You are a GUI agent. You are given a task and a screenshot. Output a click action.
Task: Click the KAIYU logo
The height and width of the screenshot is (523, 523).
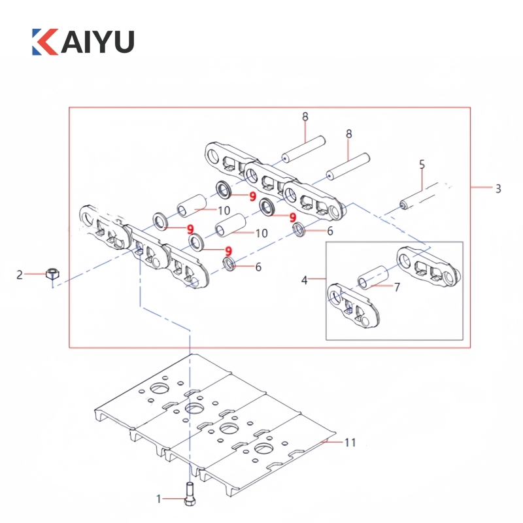pos(82,41)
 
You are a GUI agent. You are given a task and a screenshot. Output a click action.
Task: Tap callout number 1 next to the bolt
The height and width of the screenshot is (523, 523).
pos(158,499)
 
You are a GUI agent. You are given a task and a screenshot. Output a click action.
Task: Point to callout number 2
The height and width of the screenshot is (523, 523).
pos(20,275)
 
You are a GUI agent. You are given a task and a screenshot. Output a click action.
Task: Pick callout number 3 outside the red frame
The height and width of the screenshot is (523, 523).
pos(498,189)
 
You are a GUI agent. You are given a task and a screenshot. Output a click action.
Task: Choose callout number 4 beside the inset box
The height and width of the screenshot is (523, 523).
pos(304,280)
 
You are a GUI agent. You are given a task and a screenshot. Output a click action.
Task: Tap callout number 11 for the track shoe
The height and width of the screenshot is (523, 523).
pos(350,443)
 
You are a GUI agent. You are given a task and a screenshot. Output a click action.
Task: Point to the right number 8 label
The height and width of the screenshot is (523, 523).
pos(349,133)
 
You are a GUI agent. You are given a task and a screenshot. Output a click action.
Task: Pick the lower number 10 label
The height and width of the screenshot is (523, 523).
pos(261,233)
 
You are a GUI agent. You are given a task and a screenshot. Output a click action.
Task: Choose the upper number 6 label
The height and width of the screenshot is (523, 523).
pos(330,231)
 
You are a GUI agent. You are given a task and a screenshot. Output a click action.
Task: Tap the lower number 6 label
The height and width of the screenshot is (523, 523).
pos(258,266)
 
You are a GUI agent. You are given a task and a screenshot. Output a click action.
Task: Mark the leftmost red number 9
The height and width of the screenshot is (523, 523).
pos(190,228)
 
